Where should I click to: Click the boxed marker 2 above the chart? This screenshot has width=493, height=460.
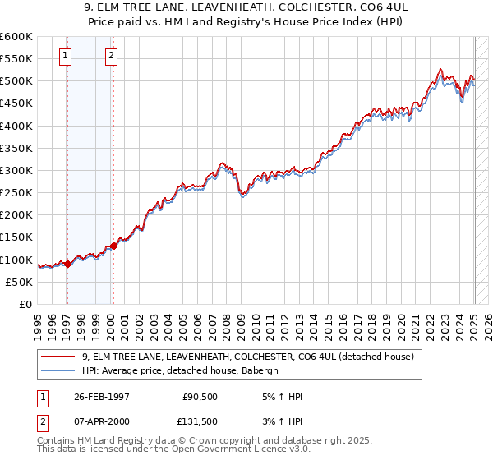(x=111, y=56)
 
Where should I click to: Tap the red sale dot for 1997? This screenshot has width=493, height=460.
(x=67, y=264)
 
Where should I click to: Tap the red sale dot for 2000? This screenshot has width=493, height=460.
(x=113, y=246)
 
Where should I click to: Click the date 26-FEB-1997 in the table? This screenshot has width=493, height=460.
(x=102, y=397)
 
